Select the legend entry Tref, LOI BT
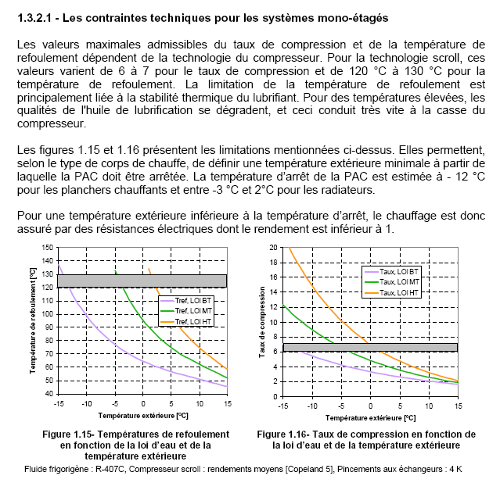coord(192,300)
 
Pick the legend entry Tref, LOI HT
coord(192,321)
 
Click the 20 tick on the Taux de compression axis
coord(274,247)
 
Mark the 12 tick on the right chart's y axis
coord(274,306)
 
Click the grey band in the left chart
coord(142,281)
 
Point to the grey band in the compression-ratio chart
coord(369,347)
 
